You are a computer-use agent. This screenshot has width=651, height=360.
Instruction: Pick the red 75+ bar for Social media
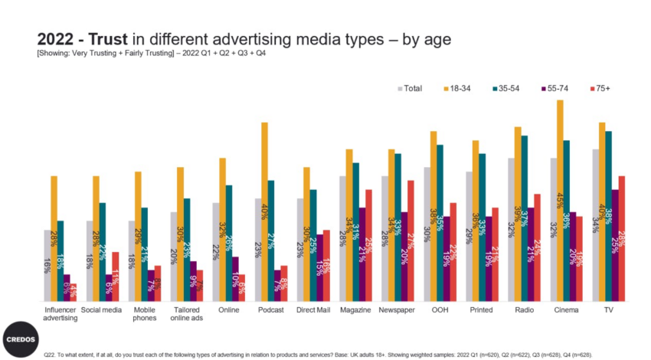(x=115, y=276)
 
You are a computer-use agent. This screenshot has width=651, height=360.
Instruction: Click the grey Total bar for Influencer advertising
(x=47, y=265)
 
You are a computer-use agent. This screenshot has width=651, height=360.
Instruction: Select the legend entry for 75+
(x=598, y=88)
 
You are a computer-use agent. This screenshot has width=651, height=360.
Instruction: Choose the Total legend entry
(x=410, y=88)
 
